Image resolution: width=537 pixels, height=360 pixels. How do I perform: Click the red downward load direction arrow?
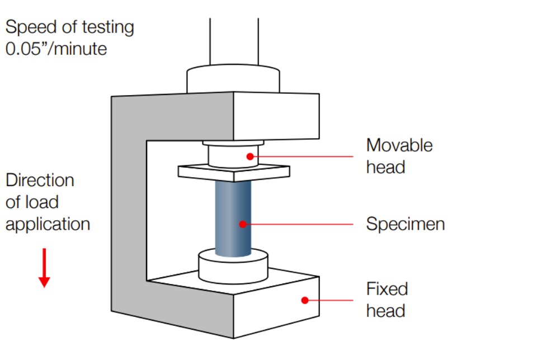[x=44, y=268]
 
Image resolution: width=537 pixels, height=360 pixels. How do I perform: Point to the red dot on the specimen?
[x=242, y=224]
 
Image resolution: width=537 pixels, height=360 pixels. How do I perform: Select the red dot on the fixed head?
[x=304, y=300]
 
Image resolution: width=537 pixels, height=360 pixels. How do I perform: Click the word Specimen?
[x=406, y=224]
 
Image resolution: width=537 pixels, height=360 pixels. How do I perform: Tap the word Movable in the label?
[x=399, y=145]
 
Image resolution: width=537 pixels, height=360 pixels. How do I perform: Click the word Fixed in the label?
[x=387, y=289]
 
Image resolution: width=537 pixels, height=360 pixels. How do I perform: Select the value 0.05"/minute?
[x=56, y=49]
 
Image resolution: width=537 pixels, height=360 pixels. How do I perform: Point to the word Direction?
[x=40, y=181]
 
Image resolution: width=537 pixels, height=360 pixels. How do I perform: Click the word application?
[x=48, y=224]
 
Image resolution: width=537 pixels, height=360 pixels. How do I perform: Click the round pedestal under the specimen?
[x=233, y=268]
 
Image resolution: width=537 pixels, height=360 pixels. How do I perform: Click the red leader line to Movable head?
[x=305, y=157]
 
